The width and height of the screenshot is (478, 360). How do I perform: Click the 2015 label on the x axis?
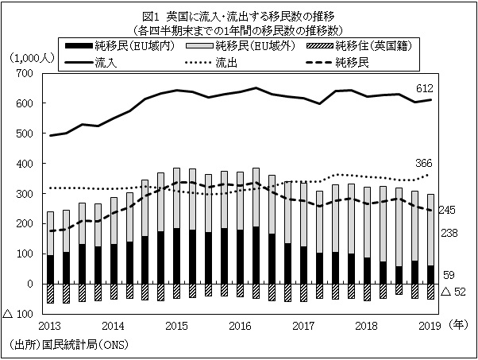(x=175, y=326)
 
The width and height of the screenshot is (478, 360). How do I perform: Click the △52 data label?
(x=453, y=293)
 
